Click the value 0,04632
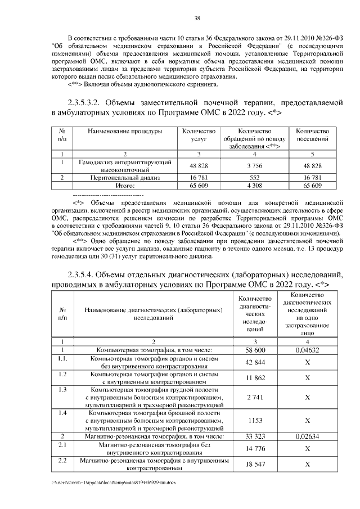tap(307, 350)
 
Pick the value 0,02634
tap(307, 436)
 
